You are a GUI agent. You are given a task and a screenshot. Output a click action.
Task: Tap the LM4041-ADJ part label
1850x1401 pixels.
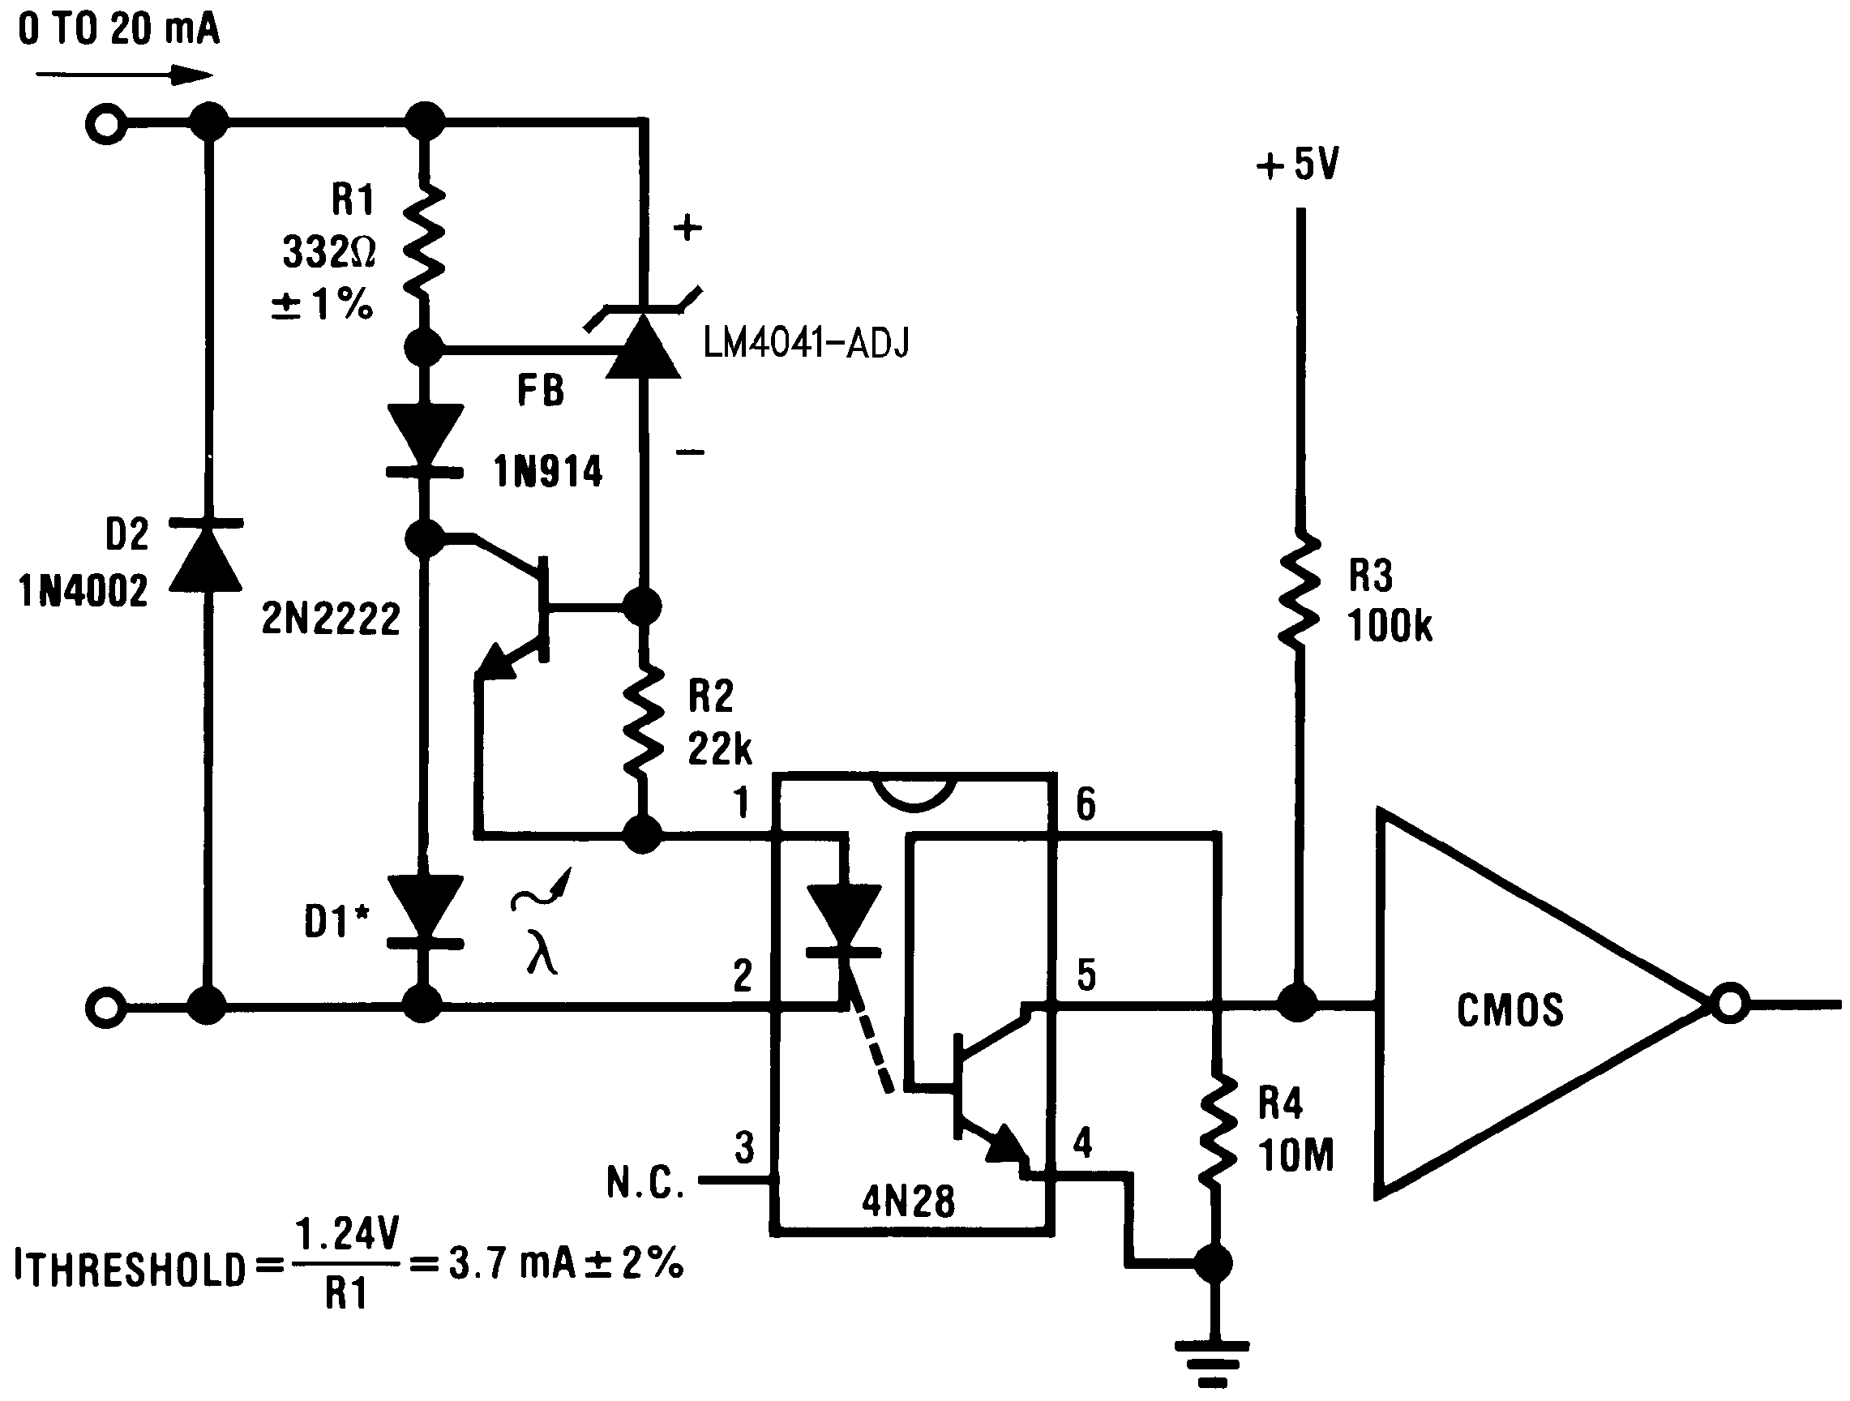805,343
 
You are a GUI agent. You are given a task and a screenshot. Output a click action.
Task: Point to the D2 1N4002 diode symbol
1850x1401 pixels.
207,556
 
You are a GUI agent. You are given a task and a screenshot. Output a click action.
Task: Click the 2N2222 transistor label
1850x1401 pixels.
332,619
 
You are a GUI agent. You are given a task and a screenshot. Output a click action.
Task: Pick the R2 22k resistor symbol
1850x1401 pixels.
643,721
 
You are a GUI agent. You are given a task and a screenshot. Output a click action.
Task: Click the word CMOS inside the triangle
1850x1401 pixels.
1510,1010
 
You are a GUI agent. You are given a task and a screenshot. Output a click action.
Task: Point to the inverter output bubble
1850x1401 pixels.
1728,1004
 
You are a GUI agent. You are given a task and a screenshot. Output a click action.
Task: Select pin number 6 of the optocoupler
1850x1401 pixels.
1085,803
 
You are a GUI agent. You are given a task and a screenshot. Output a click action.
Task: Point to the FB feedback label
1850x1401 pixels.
540,391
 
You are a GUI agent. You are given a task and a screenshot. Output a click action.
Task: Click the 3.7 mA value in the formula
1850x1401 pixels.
512,1263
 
